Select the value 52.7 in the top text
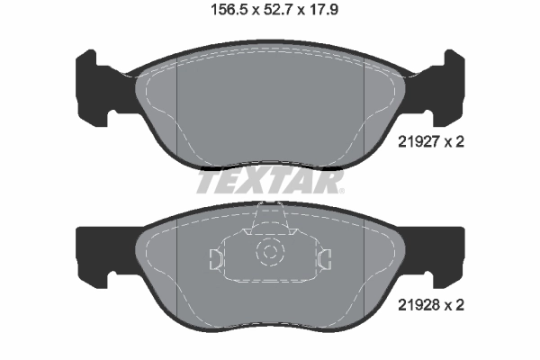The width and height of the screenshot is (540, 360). tap(277, 12)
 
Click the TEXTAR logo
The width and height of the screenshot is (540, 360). tap(270, 184)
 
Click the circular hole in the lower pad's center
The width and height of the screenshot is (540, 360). tap(268, 255)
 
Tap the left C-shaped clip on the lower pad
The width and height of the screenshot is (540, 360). tap(214, 259)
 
